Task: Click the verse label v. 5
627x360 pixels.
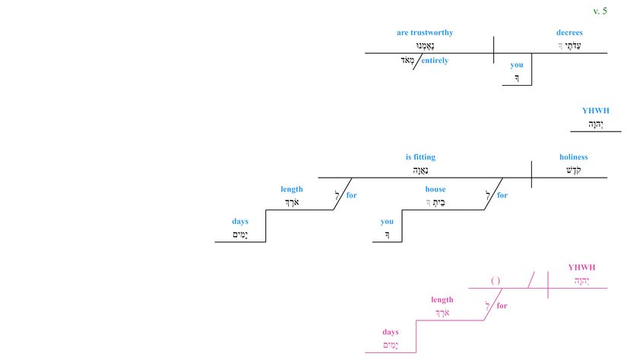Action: (600, 11)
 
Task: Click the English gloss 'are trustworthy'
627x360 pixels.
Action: (425, 33)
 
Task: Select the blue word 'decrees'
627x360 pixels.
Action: (569, 33)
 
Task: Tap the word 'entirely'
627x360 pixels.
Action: (434, 61)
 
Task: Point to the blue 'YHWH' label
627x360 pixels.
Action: (596, 111)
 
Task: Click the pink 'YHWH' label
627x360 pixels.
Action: (582, 267)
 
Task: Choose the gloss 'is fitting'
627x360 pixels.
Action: (420, 157)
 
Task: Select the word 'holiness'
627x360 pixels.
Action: (574, 157)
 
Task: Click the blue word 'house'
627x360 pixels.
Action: (435, 189)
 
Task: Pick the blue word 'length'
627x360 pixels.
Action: (291, 189)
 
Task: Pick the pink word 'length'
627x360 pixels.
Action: (442, 300)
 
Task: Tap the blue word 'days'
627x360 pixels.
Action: (240, 222)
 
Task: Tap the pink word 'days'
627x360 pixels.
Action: (391, 332)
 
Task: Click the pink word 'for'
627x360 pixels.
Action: (502, 306)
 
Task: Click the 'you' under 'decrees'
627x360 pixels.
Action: (517, 65)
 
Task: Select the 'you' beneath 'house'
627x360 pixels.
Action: (388, 222)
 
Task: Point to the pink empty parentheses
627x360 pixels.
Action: (496, 281)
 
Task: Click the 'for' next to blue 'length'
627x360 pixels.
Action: (351, 195)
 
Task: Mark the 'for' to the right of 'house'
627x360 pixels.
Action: (502, 195)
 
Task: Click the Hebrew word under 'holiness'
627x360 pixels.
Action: (574, 170)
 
